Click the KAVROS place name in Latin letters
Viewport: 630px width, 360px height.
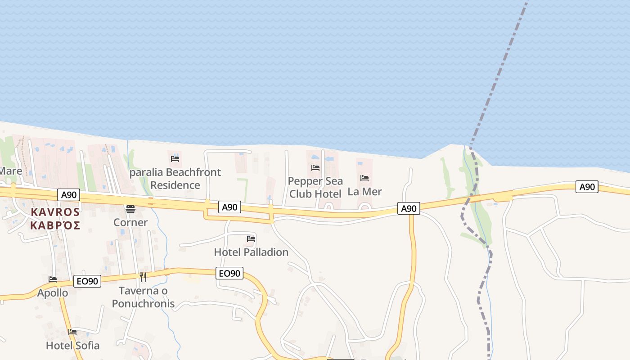click(x=55, y=212)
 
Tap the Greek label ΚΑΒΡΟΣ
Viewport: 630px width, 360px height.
click(x=55, y=225)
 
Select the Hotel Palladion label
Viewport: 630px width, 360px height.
click(x=251, y=252)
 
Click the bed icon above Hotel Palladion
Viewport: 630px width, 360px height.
click(x=251, y=239)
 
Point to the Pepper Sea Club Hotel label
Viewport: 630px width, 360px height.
click(x=315, y=187)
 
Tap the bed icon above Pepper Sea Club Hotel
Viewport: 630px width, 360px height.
click(x=315, y=168)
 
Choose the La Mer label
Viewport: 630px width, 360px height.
click(x=364, y=191)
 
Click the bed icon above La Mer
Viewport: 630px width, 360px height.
click(x=364, y=178)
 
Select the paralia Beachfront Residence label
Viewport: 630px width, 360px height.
click(x=175, y=179)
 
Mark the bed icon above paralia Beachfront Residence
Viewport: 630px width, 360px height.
click(x=175, y=158)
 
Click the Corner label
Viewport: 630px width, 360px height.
click(x=130, y=222)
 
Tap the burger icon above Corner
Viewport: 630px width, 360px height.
click(x=130, y=209)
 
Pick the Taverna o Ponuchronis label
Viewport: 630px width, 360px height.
click(x=143, y=297)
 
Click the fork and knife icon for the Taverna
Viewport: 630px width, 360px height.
click(x=143, y=277)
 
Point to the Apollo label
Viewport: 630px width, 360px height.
click(x=53, y=293)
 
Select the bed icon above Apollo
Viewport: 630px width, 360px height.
click(x=53, y=279)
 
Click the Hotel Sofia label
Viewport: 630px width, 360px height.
click(x=72, y=346)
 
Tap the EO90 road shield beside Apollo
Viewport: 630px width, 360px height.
click(x=87, y=281)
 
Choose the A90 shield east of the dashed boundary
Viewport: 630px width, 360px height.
click(x=587, y=187)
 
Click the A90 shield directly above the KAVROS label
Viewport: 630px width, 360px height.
click(x=69, y=195)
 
